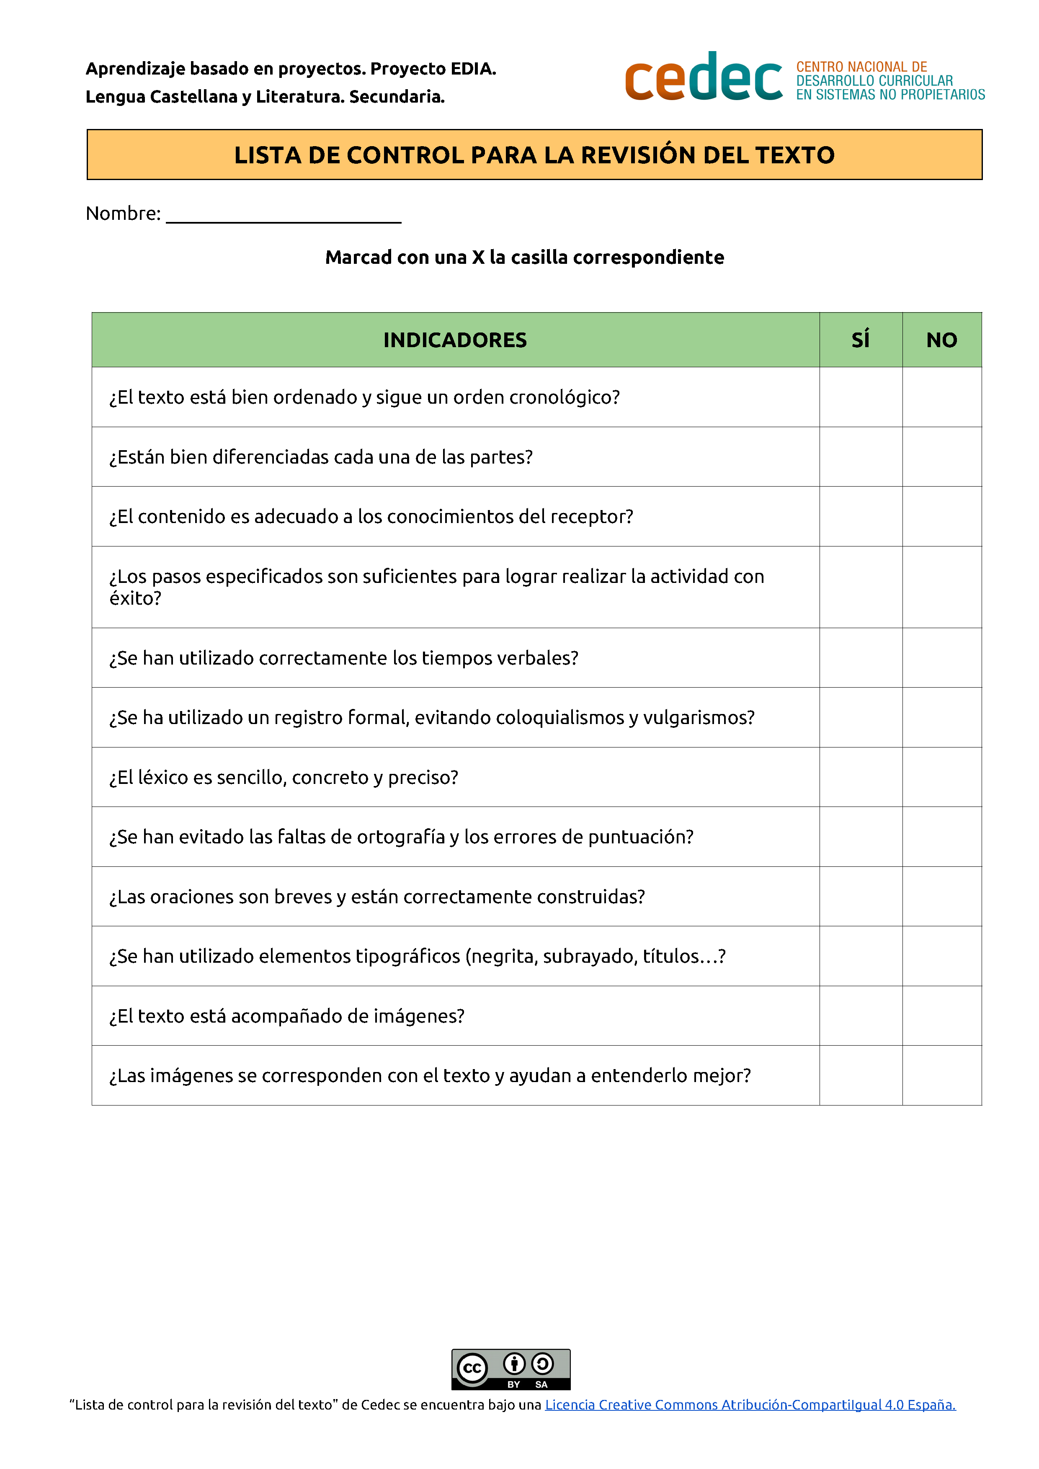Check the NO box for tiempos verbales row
(x=942, y=658)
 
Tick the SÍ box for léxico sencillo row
(x=861, y=777)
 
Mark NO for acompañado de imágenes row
(x=942, y=1016)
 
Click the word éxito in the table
(x=135, y=599)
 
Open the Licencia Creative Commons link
(x=750, y=1405)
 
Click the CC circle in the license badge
(x=472, y=1368)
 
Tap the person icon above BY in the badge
(x=514, y=1364)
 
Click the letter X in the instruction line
(x=478, y=257)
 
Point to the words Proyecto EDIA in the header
(x=433, y=68)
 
